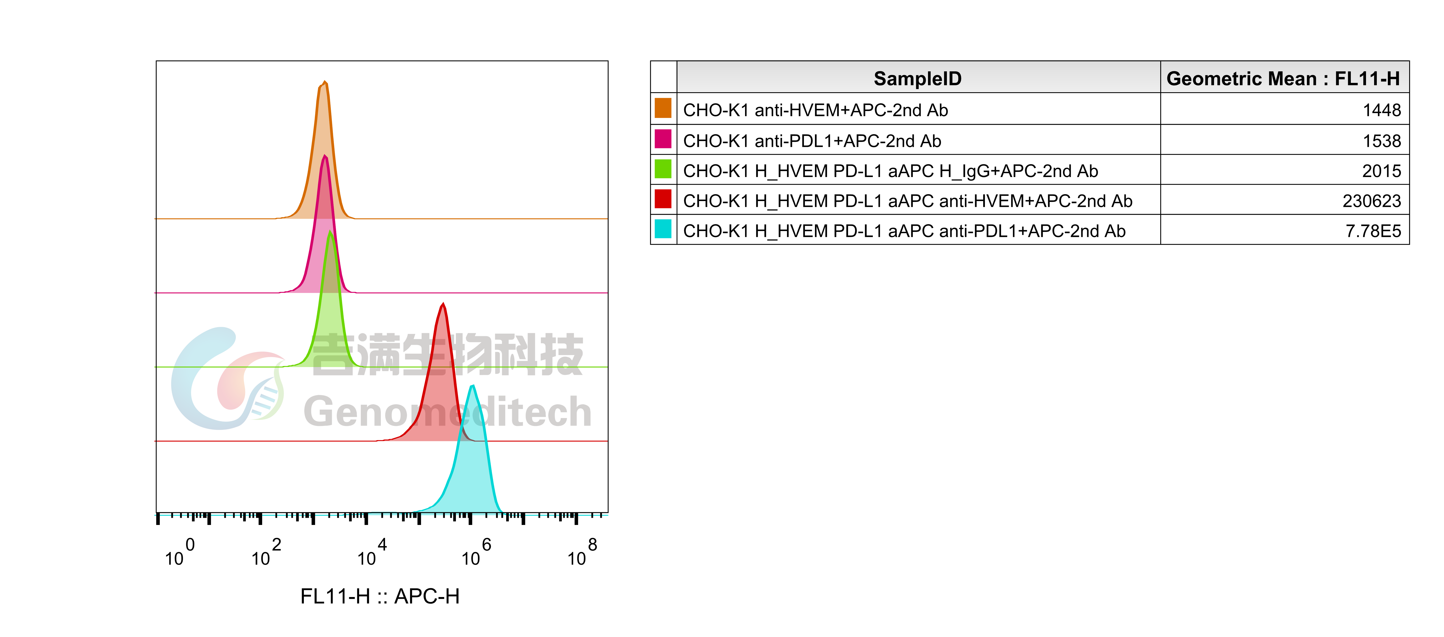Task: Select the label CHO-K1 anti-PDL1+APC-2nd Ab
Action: (x=812, y=141)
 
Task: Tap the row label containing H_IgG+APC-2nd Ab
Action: (x=890, y=171)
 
